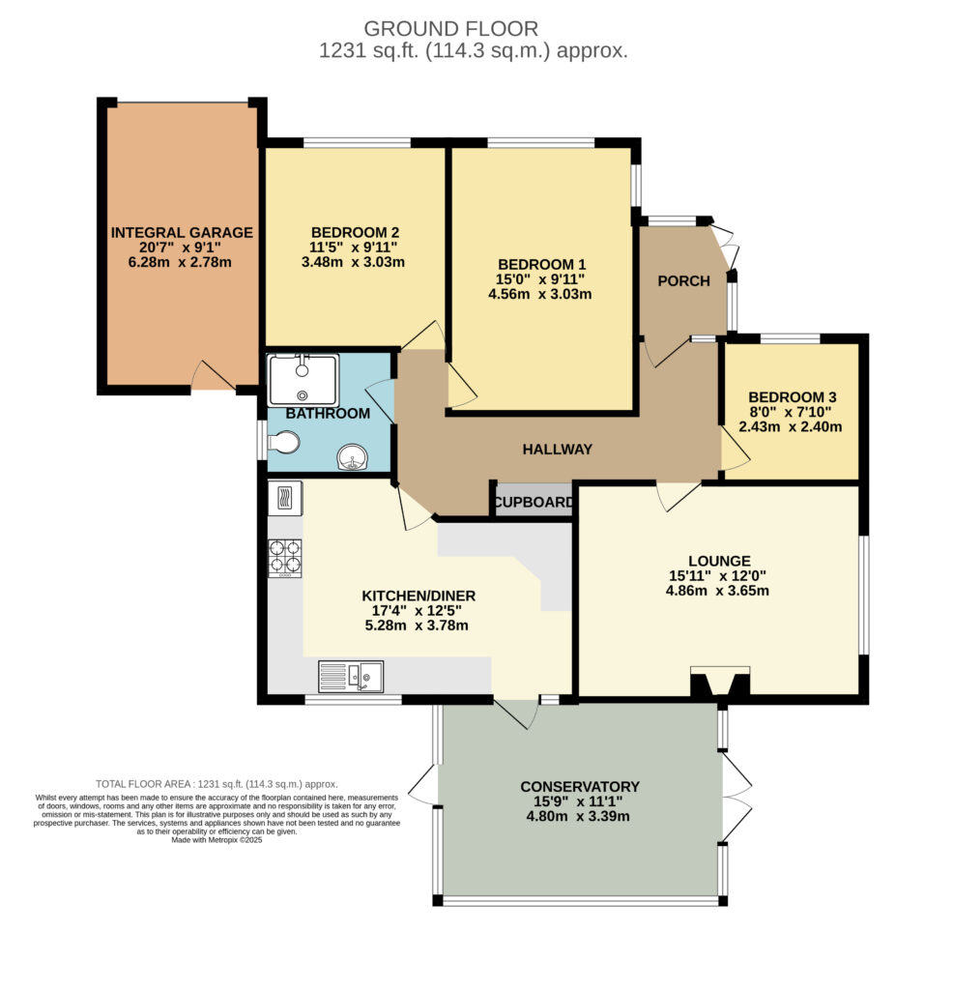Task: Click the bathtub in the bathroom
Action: pyautogui.click(x=303, y=379)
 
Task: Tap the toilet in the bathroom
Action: pyautogui.click(x=283, y=442)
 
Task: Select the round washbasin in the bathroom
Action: pyautogui.click(x=353, y=457)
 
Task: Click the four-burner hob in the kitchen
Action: pyautogui.click(x=285, y=558)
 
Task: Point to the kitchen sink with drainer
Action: pyautogui.click(x=351, y=676)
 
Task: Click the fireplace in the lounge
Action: pyautogui.click(x=720, y=682)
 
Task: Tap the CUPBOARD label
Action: pyautogui.click(x=534, y=503)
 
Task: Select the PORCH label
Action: pyautogui.click(x=684, y=281)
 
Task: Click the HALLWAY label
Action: pyautogui.click(x=558, y=449)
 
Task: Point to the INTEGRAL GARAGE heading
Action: pyautogui.click(x=182, y=232)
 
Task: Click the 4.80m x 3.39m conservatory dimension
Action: pyautogui.click(x=578, y=816)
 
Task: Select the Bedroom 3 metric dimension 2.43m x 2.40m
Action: pyautogui.click(x=791, y=426)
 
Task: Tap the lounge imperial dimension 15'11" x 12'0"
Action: pyautogui.click(x=717, y=576)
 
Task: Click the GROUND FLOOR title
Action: pyautogui.click(x=450, y=29)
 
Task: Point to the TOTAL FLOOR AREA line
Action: pyautogui.click(x=217, y=784)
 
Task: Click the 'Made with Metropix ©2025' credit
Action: pyautogui.click(x=217, y=840)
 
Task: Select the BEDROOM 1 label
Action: pyautogui.click(x=541, y=264)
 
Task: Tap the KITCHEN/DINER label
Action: pyautogui.click(x=419, y=596)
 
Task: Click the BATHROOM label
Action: pyautogui.click(x=328, y=414)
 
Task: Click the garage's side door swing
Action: pyautogui.click(x=214, y=375)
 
